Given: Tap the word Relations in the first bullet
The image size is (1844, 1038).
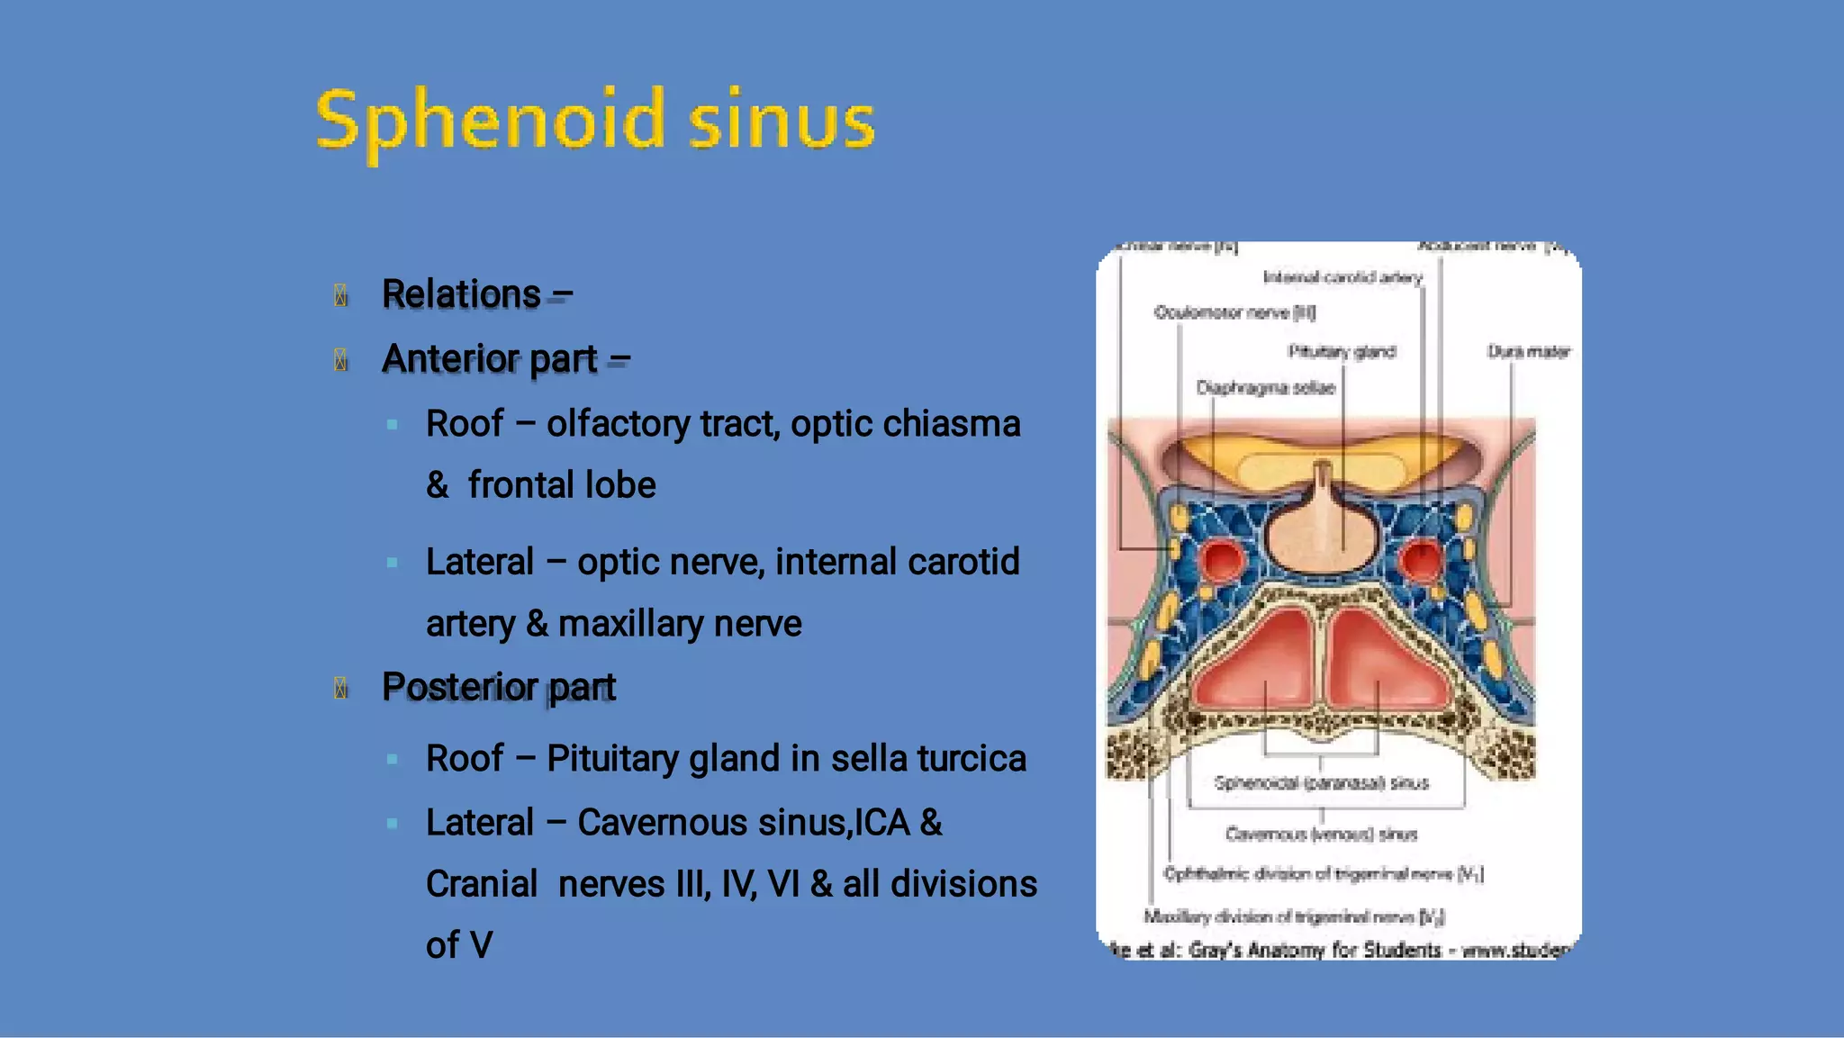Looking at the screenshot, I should click(x=461, y=293).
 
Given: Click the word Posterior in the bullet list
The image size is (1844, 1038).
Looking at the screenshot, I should click(x=459, y=687).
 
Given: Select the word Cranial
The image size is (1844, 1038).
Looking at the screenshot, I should click(x=482, y=884).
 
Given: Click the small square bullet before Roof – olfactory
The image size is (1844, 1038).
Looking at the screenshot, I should click(x=392, y=424).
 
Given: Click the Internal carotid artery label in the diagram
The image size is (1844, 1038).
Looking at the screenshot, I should click(x=1342, y=277).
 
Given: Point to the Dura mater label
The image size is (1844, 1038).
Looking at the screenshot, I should click(x=1528, y=351).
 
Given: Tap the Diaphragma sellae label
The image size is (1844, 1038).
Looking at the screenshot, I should click(x=1265, y=388).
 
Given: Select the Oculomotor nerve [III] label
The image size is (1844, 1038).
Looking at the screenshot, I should click(x=1234, y=312).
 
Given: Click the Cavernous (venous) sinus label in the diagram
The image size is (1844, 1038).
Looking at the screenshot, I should click(x=1321, y=835).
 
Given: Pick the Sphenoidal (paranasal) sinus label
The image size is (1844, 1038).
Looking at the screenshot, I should click(x=1321, y=782).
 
